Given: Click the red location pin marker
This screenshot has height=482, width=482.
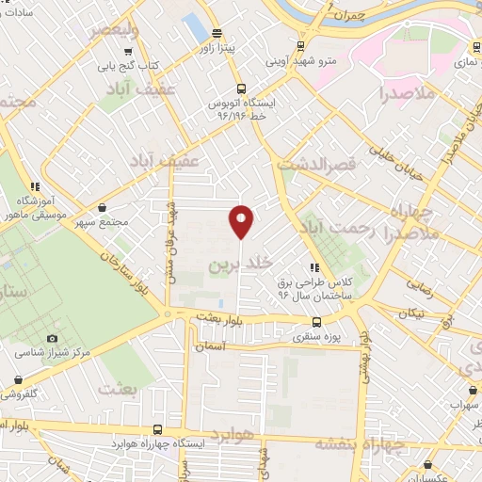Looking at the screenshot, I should pyautogui.click(x=241, y=221).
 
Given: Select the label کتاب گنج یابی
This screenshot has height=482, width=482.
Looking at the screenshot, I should pyautogui.click(x=130, y=66).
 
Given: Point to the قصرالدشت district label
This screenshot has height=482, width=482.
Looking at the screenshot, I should pyautogui.click(x=318, y=163).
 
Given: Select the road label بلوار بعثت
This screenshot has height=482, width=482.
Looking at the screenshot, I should pyautogui.click(x=219, y=319).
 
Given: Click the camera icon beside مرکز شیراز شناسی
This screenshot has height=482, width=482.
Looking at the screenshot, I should pyautogui.click(x=52, y=338).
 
